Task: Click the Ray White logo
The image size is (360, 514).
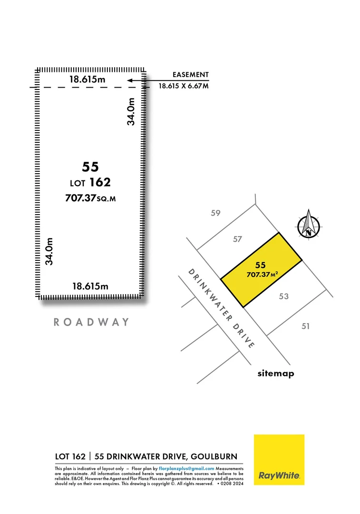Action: coord(279,459)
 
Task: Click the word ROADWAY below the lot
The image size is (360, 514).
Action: coord(91,322)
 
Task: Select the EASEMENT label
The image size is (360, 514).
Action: coord(190,75)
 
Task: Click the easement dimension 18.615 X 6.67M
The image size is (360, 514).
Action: coord(184,86)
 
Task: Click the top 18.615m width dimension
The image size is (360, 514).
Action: coord(88,79)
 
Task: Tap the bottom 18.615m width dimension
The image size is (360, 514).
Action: coord(90,286)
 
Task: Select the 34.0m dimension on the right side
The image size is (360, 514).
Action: coord(131,111)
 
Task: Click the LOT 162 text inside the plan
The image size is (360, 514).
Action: coord(90,182)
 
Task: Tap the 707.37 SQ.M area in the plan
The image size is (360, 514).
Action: coord(90,198)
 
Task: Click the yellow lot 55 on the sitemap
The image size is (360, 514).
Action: coord(261,270)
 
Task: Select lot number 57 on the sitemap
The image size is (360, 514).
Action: coord(238,239)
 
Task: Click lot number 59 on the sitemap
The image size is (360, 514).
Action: coord(216,213)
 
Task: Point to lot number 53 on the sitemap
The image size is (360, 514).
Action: coord(284,297)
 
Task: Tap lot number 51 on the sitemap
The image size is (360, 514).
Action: coord(305,326)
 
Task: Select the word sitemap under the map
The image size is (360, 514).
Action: coord(276,374)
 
